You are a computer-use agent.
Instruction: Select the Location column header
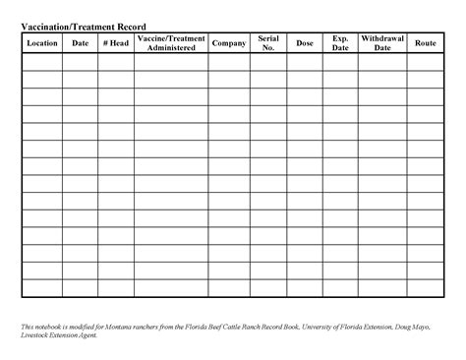pyautogui.click(x=42, y=43)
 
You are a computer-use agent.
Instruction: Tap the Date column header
pyautogui.click(x=80, y=43)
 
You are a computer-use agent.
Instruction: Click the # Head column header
pyautogui.click(x=116, y=43)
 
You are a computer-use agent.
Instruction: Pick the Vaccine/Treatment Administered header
pyautogui.click(x=171, y=43)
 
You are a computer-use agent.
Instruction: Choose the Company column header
pyautogui.click(x=229, y=43)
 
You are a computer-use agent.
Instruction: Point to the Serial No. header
pyautogui.click(x=268, y=43)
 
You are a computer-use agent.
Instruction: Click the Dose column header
pyautogui.click(x=305, y=43)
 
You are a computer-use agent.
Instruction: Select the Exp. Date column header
pyautogui.click(x=340, y=43)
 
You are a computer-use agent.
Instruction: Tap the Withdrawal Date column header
pyautogui.click(x=382, y=43)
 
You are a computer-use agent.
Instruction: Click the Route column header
pyautogui.click(x=426, y=43)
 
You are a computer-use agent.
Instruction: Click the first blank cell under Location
pyautogui.click(x=42, y=62)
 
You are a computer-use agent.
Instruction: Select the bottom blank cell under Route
pyautogui.click(x=426, y=288)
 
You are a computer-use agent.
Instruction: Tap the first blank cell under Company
pyautogui.click(x=229, y=62)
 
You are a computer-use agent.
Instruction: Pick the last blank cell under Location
pyautogui.click(x=42, y=288)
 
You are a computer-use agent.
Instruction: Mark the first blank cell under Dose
pyautogui.click(x=305, y=62)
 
